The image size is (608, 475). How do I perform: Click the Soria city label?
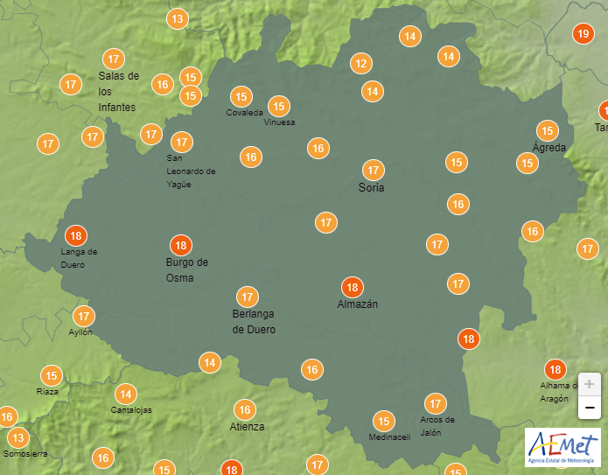(372, 188)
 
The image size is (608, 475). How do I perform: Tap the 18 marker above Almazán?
(353, 287)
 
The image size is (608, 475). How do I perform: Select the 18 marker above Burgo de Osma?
(181, 245)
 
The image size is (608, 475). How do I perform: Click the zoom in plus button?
(590, 384)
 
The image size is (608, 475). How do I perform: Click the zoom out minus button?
(590, 407)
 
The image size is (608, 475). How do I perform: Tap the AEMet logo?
(563, 447)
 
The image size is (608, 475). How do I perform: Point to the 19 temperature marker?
(583, 34)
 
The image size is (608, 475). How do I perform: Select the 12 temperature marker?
(361, 63)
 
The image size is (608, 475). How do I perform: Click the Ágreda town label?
(549, 148)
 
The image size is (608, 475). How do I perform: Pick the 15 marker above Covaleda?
(241, 96)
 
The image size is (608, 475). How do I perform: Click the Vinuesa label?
(279, 122)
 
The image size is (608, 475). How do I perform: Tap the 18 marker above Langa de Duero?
(76, 235)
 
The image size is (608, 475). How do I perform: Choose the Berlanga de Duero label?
(254, 322)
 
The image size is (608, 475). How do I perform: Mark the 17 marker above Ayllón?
(84, 316)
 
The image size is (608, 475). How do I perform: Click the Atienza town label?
(247, 427)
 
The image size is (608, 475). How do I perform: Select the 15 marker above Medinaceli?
(382, 421)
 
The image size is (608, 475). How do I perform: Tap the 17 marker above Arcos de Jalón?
(435, 403)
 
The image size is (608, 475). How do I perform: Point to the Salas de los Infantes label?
(118, 91)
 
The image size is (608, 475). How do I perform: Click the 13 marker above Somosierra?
(17, 437)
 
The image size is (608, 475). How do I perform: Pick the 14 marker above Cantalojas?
(126, 394)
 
